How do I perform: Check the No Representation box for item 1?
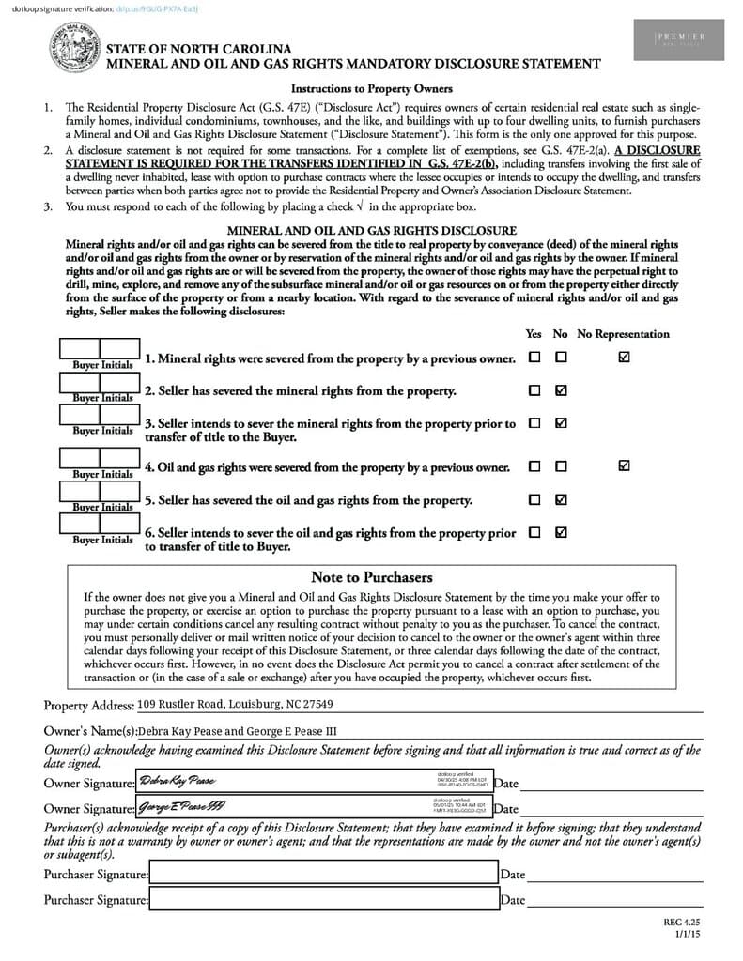coord(625,358)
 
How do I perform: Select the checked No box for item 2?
coord(561,389)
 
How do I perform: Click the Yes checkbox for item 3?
coord(534,423)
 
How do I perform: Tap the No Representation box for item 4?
coord(625,465)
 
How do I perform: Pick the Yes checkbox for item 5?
coord(534,499)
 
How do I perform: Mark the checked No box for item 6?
coord(561,532)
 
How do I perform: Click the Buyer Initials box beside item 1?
coord(100,352)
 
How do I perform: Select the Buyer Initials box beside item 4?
coord(100,459)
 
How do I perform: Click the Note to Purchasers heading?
coord(371,577)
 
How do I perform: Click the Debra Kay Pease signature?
coord(178,781)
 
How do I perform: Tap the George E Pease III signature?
coord(181,805)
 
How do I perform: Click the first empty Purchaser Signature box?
coord(323,874)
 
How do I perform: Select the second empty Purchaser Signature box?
coord(323,899)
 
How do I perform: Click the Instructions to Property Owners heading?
coord(371,89)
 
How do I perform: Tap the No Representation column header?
coord(624,334)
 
